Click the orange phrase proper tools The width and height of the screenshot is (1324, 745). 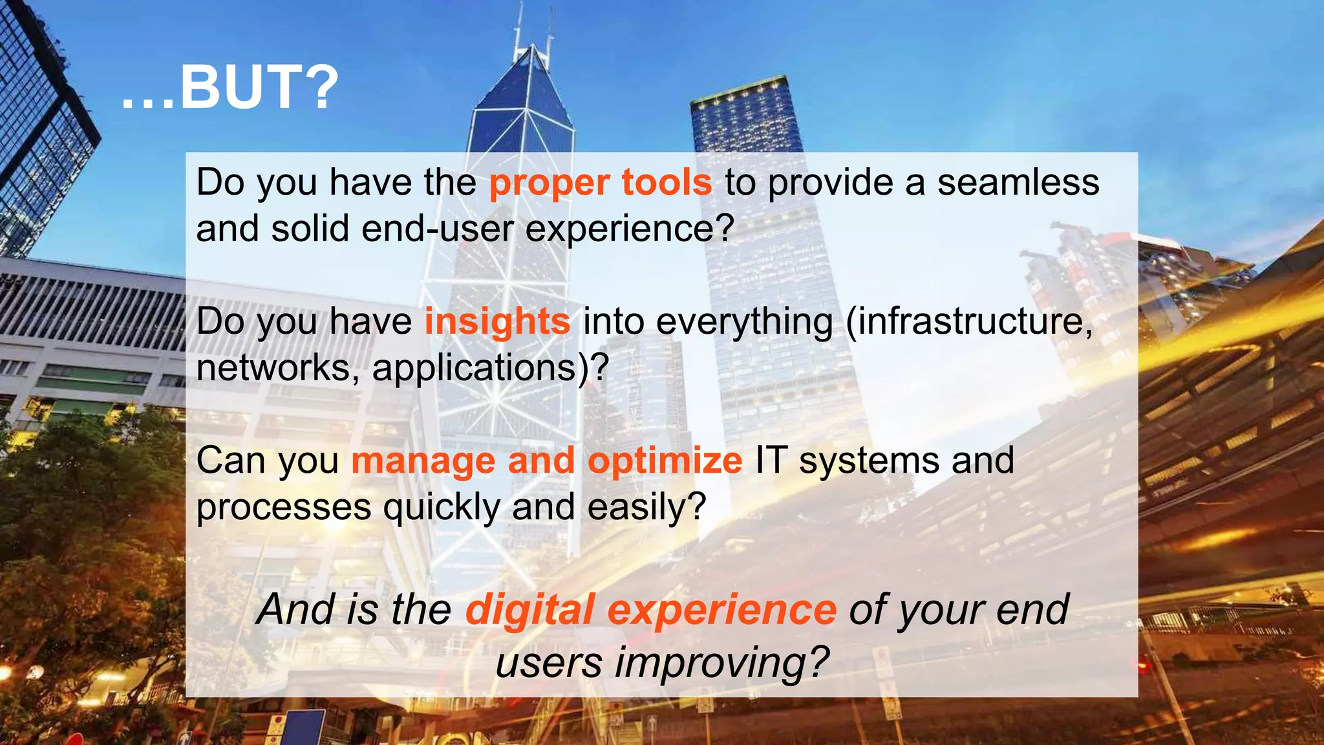[601, 182]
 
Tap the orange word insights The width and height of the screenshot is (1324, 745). [497, 321]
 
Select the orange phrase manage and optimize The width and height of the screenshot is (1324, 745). [547, 460]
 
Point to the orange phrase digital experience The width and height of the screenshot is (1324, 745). [650, 609]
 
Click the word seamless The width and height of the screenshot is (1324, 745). [1018, 182]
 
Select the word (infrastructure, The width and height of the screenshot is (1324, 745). [969, 321]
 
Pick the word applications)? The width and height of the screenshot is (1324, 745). [491, 367]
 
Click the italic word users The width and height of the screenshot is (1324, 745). [549, 662]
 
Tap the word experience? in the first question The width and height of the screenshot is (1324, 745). [630, 228]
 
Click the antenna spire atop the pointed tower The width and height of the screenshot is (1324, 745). [517, 32]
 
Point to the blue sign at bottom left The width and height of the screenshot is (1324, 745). [303, 727]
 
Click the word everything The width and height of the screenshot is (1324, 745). [744, 321]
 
